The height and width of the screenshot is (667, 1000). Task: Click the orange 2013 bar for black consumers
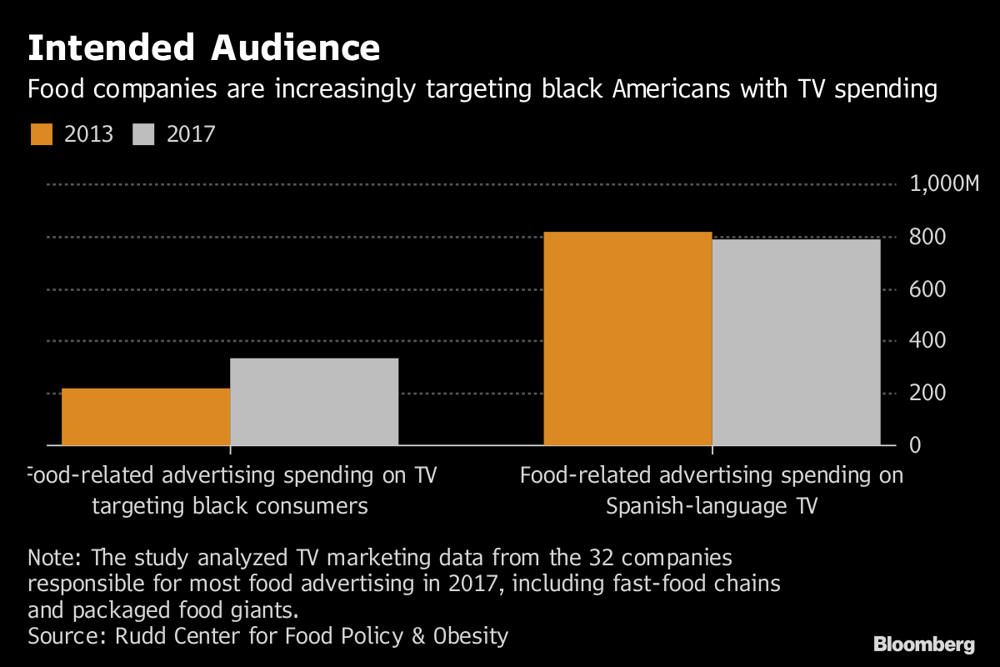pos(146,416)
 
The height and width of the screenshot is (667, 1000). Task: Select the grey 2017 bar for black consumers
pos(314,401)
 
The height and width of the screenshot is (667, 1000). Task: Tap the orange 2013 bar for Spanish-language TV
pos(627,338)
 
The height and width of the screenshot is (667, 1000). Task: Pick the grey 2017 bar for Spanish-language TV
pos(796,342)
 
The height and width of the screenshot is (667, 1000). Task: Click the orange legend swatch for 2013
pos(42,134)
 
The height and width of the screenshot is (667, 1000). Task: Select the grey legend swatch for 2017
pos(144,134)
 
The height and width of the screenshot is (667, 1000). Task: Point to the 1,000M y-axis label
pos(944,185)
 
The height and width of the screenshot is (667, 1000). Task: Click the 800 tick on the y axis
pos(927,238)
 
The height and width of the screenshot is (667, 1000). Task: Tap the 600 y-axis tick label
pos(927,289)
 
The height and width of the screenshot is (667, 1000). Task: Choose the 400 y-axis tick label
pos(927,341)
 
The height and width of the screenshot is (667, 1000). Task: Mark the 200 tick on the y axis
pos(927,393)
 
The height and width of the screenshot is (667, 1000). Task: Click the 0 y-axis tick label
pos(916,445)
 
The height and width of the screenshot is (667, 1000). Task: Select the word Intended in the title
pos(110,48)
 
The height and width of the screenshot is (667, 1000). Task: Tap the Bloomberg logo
pos(923,644)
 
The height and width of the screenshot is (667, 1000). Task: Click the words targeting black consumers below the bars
pos(229,506)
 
